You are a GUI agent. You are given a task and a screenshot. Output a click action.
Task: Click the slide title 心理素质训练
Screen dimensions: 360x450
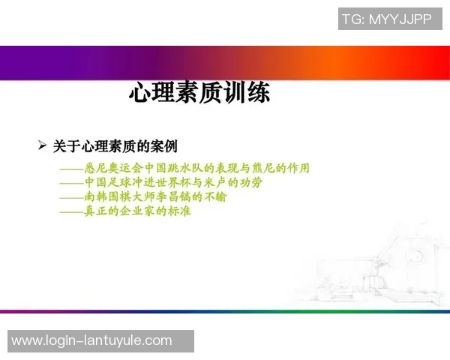[199, 93]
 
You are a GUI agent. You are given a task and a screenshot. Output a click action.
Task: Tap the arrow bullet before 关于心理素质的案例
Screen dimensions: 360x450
[43, 145]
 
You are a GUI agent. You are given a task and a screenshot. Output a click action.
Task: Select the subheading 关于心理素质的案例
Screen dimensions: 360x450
[115, 145]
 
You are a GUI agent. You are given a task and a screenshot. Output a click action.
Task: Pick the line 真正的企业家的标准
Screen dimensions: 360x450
[125, 211]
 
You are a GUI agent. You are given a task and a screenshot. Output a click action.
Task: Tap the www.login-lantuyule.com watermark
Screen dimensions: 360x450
[100, 341]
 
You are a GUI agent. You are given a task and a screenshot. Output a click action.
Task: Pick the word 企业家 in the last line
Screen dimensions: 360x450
[136, 211]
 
